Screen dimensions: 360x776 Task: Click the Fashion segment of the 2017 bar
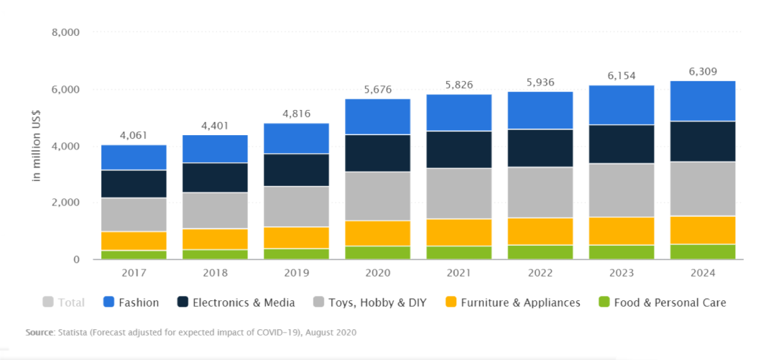pos(134,157)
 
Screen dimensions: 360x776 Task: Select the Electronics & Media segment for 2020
pos(377,153)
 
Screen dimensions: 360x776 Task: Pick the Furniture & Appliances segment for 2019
pos(296,238)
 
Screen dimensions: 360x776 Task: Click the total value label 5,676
pos(377,90)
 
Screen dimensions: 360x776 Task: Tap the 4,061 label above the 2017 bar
pos(134,135)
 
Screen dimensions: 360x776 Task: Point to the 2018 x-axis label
pos(215,273)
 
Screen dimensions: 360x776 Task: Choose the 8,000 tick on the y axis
pos(65,33)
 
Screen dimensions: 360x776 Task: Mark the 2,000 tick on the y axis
pos(65,203)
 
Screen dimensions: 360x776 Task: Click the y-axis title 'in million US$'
pos(36,146)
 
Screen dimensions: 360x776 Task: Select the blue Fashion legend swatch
pos(110,303)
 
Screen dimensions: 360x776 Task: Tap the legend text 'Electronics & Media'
pos(244,303)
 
